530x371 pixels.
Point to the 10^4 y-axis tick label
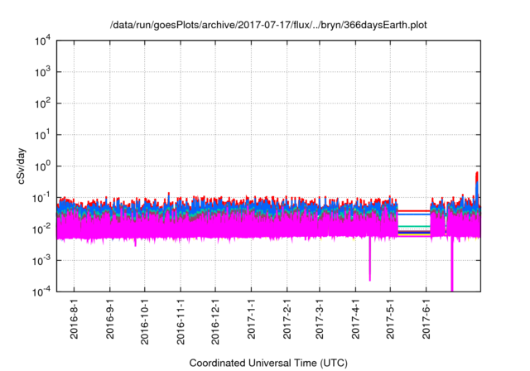point(42,41)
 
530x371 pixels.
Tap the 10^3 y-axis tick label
point(42,72)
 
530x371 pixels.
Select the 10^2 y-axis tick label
point(42,104)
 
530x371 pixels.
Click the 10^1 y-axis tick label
point(42,134)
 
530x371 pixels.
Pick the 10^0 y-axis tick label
point(42,166)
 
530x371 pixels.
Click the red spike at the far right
point(477,177)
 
